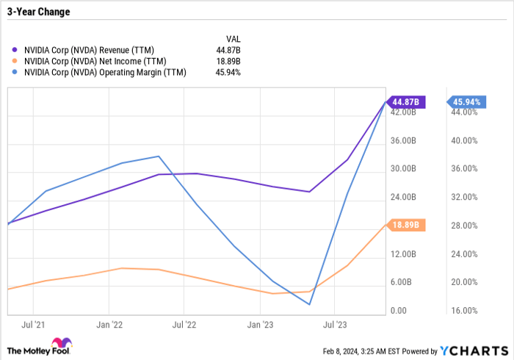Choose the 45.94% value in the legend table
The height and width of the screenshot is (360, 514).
coord(229,72)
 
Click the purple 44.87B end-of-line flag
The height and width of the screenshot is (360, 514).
coord(403,101)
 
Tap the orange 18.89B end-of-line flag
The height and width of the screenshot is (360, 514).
coord(403,225)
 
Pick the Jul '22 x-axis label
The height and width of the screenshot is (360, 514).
coord(184,323)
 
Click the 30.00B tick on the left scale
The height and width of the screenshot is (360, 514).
coord(404,168)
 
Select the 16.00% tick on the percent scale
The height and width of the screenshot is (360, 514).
coord(464,311)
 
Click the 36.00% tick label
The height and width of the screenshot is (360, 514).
coord(464,168)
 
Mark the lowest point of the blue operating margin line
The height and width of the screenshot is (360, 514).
coord(310,304)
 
